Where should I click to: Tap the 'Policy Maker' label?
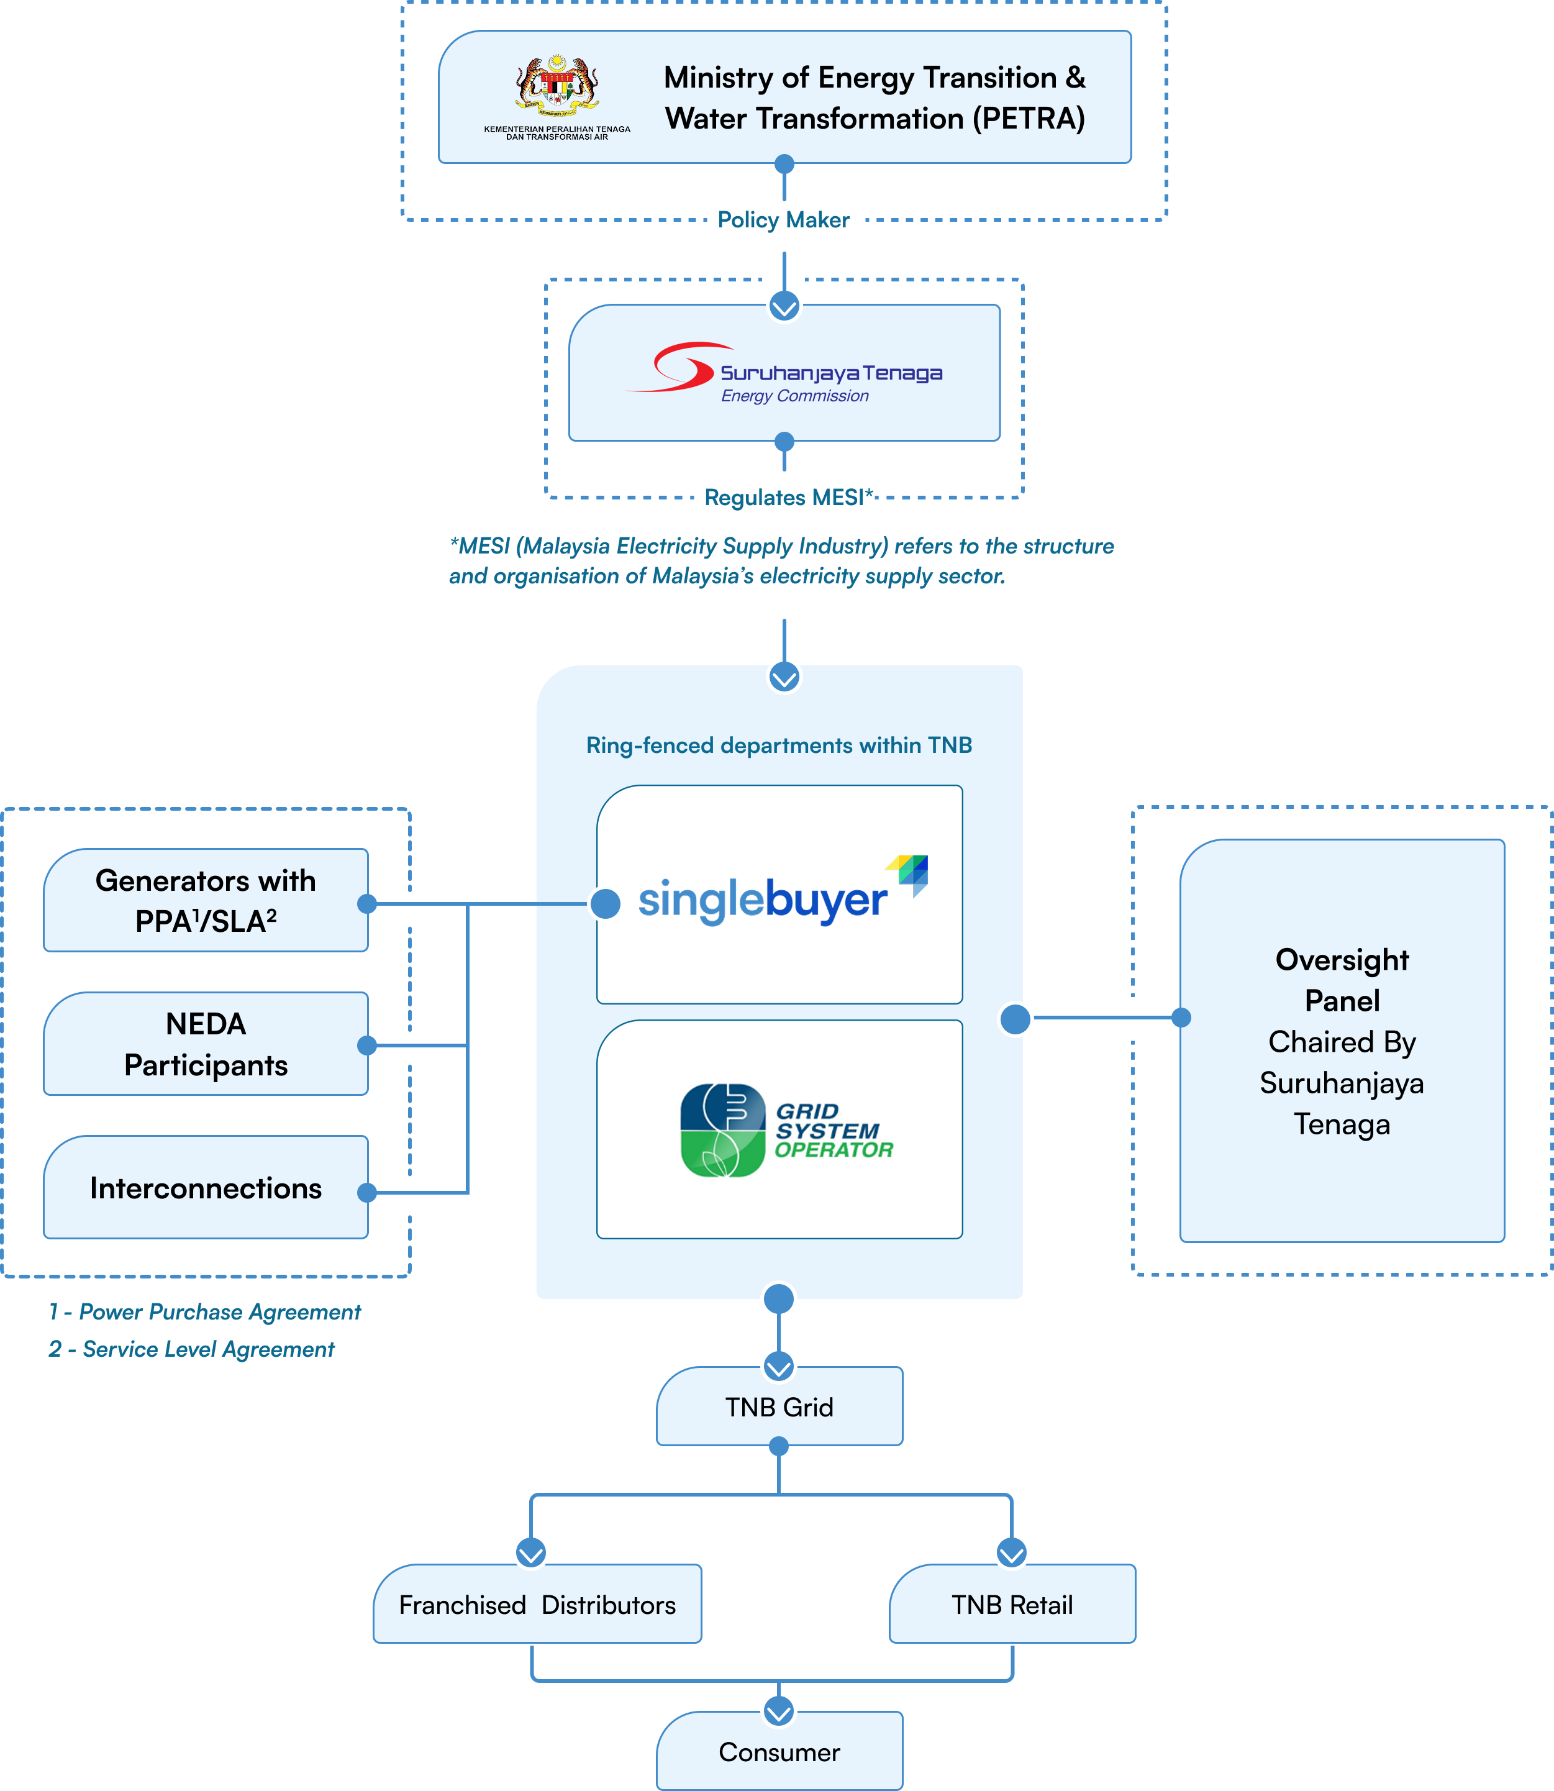[783, 221]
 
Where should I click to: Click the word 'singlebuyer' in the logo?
[762, 900]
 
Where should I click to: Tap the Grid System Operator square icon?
[723, 1130]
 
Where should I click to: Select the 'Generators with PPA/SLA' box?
[206, 900]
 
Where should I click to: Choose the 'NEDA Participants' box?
[206, 1044]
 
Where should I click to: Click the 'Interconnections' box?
[206, 1188]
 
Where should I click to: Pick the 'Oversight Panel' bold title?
[1342, 980]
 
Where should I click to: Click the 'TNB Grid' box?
[779, 1407]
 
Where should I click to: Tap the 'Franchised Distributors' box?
[537, 1605]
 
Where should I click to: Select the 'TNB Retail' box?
[1012, 1605]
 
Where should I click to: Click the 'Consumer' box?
[779, 1752]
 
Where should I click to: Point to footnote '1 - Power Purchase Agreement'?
[205, 1311]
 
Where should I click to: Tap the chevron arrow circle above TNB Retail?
[1011, 1552]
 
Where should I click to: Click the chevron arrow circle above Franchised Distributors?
[530, 1552]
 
